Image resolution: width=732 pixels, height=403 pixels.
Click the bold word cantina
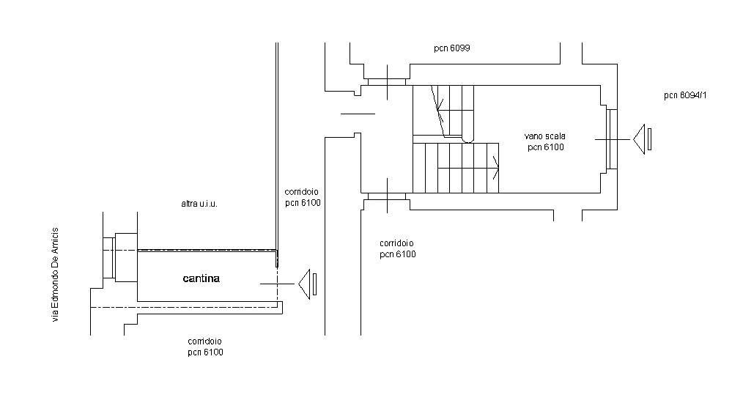(202, 278)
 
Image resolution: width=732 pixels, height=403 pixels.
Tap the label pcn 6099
(452, 48)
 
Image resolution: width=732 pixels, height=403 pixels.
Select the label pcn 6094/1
(685, 96)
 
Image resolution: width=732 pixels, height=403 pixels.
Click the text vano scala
(545, 136)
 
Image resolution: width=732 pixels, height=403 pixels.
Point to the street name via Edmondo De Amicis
(55, 275)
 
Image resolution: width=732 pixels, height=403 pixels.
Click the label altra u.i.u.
(199, 204)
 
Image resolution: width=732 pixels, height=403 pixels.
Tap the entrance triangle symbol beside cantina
(304, 284)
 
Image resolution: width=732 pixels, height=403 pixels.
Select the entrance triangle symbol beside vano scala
(639, 139)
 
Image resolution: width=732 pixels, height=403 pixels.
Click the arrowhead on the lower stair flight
(496, 168)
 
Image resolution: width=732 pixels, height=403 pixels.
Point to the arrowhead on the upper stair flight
(440, 110)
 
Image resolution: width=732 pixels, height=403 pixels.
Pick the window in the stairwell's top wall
(387, 82)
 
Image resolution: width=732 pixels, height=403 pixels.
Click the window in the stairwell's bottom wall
(387, 196)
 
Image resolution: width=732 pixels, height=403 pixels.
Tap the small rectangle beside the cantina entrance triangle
(314, 284)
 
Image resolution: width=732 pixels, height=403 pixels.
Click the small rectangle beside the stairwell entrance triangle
(649, 139)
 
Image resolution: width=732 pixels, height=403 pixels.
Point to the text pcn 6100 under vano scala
(546, 147)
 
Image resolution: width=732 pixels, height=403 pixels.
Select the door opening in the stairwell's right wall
(612, 139)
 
